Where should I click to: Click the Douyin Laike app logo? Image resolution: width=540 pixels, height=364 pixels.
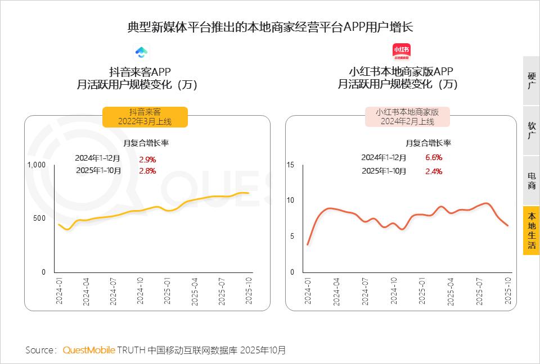pyautogui.click(x=141, y=52)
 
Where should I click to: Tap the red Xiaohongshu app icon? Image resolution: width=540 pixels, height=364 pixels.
pyautogui.click(x=401, y=52)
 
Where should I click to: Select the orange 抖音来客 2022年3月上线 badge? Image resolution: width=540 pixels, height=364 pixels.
pyautogui.click(x=145, y=117)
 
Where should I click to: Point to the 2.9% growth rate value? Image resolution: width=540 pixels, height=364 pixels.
pyautogui.click(x=147, y=159)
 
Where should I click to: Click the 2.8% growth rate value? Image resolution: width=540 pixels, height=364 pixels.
pyautogui.click(x=147, y=171)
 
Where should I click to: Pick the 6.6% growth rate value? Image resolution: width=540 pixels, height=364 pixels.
pyautogui.click(x=434, y=157)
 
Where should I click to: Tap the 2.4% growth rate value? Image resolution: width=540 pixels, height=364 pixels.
pyautogui.click(x=434, y=171)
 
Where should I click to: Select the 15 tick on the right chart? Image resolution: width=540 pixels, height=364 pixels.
pyautogui.click(x=290, y=165)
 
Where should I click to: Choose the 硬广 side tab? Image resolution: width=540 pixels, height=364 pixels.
pyautogui.click(x=532, y=80)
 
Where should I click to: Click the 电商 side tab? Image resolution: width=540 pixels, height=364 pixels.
pyautogui.click(x=532, y=180)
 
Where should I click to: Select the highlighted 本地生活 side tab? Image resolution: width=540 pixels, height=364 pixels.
pyautogui.click(x=532, y=230)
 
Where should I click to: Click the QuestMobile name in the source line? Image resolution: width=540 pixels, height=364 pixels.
pyautogui.click(x=88, y=350)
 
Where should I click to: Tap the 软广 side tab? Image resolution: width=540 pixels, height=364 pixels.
pyautogui.click(x=532, y=130)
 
